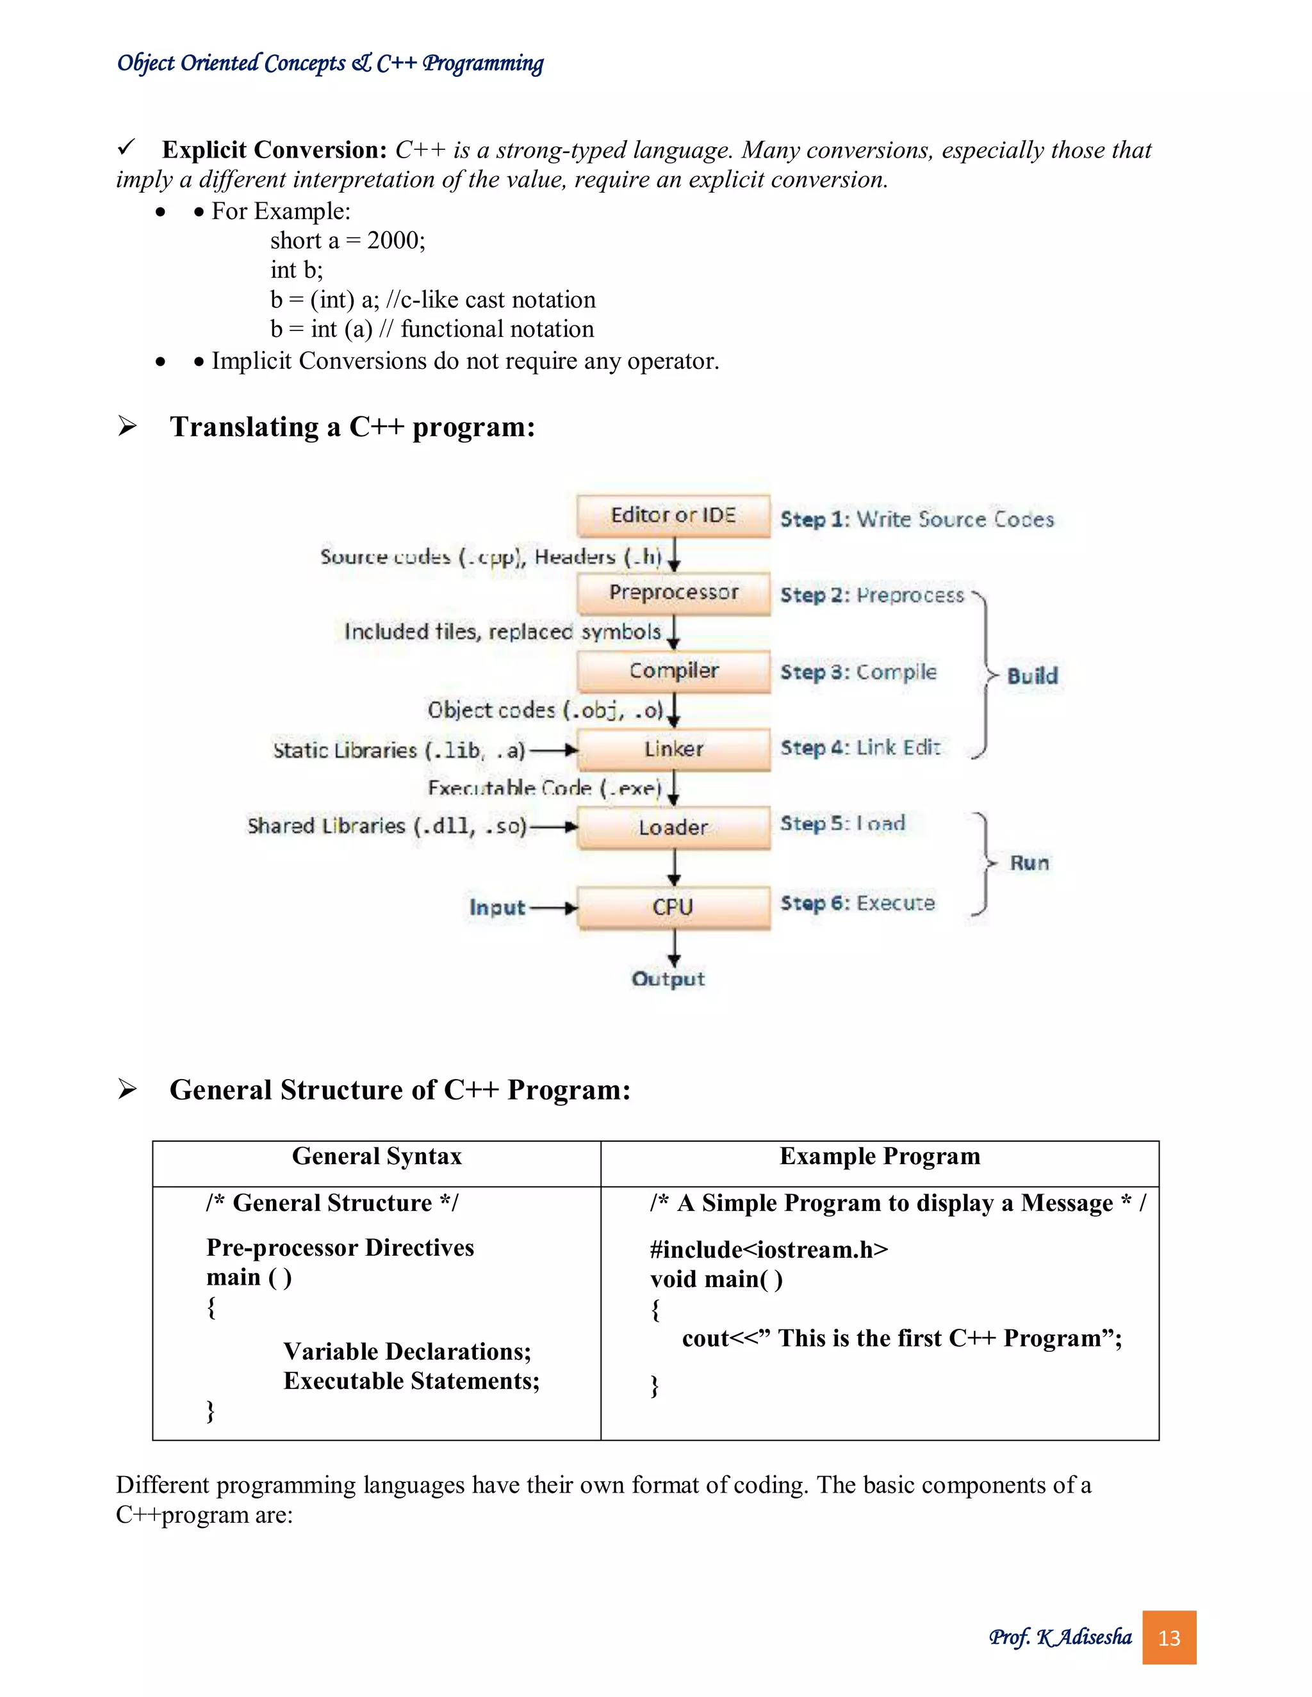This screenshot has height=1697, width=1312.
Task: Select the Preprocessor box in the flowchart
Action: click(x=673, y=593)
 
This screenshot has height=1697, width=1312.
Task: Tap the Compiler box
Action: click(x=673, y=670)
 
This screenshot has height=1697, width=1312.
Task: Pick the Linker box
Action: click(x=673, y=749)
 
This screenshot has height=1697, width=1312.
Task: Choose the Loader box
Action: click(x=673, y=827)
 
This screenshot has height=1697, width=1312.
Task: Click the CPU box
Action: click(x=673, y=907)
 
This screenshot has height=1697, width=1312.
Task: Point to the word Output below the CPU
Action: click(x=668, y=979)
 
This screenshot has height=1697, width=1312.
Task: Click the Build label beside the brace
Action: click(x=1032, y=675)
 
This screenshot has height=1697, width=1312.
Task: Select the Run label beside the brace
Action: click(x=1029, y=863)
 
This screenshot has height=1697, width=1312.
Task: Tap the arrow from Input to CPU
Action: click(x=553, y=907)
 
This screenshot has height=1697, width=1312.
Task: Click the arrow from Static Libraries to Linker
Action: click(x=553, y=750)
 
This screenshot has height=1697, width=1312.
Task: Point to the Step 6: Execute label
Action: click(x=857, y=903)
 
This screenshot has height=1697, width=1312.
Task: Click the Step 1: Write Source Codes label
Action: click(x=916, y=519)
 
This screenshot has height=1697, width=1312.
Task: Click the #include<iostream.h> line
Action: click(x=769, y=1249)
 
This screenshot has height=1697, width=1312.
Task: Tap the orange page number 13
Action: click(x=1168, y=1638)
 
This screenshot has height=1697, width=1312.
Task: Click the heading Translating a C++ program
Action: click(x=352, y=426)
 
